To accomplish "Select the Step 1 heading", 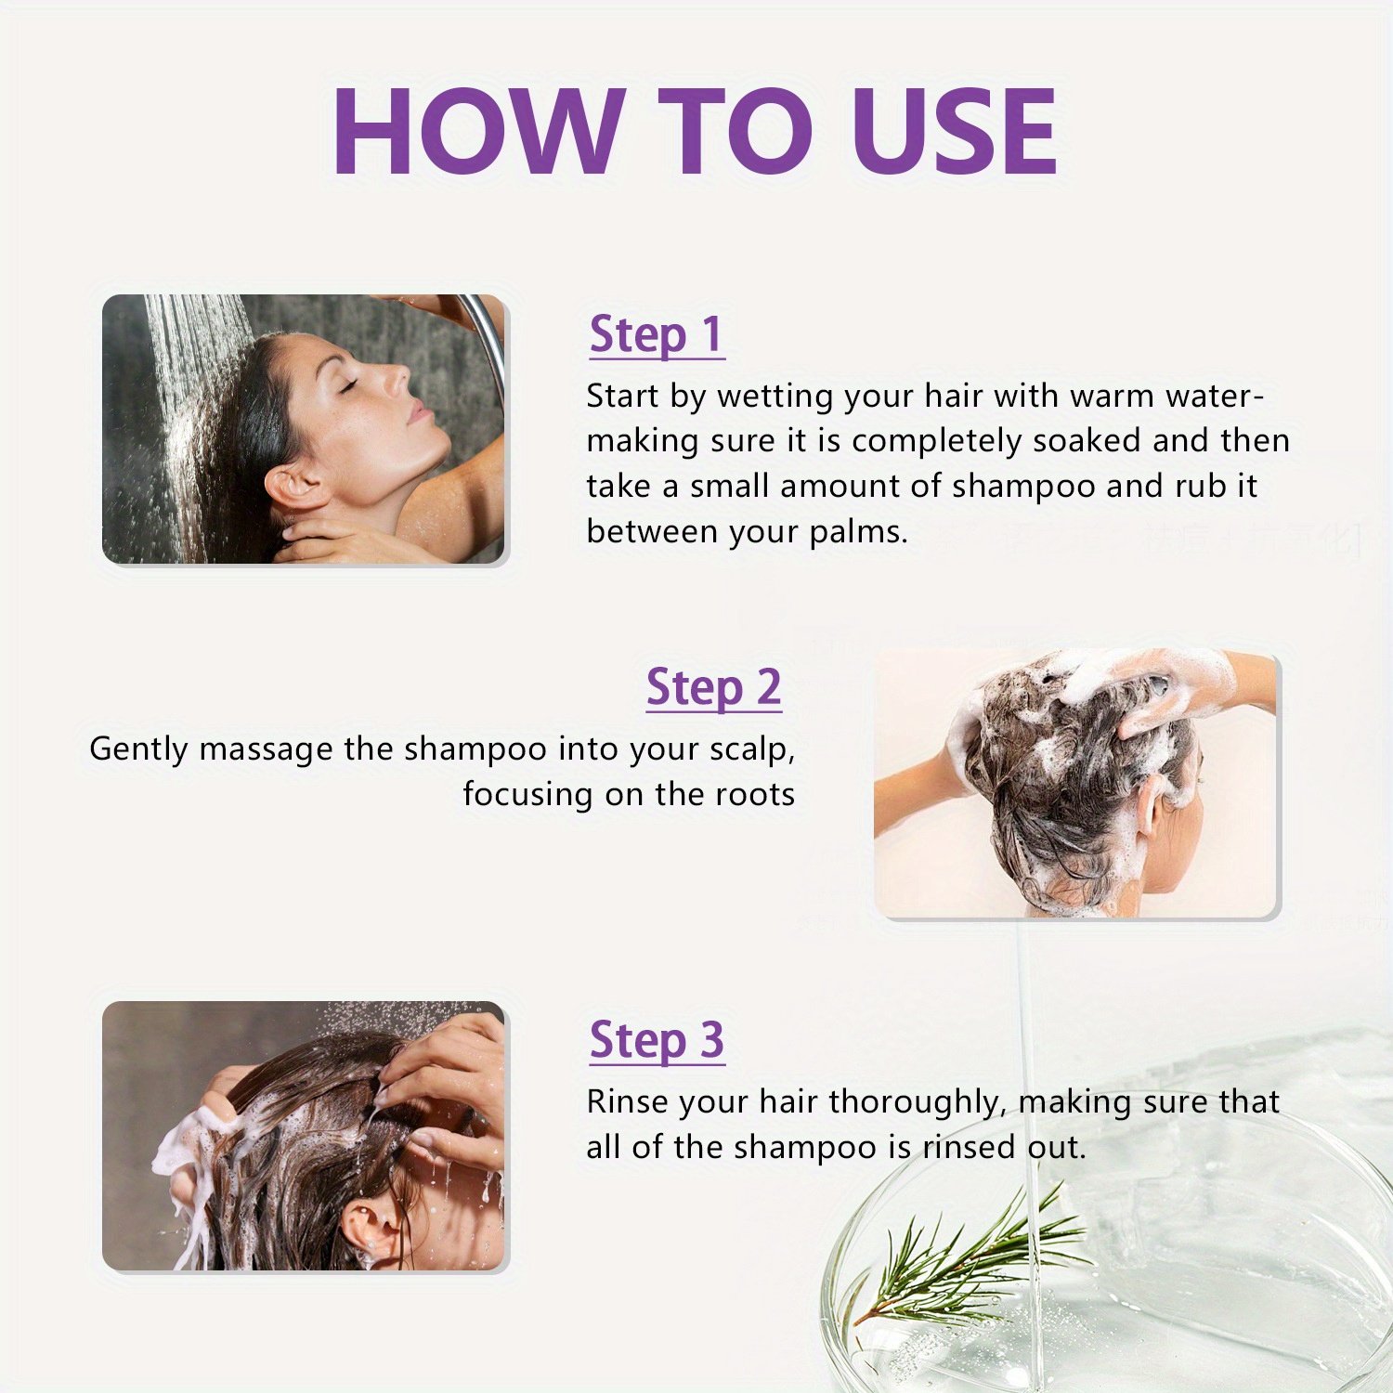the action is [x=657, y=335].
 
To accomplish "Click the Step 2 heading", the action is [x=713, y=688].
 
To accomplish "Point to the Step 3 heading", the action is [x=657, y=1040].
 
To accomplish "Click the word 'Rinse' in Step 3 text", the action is [x=627, y=1101].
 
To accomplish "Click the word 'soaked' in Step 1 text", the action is [x=1087, y=440].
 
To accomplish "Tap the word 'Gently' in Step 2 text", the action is [x=138, y=749].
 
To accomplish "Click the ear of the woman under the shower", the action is [x=290, y=488].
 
